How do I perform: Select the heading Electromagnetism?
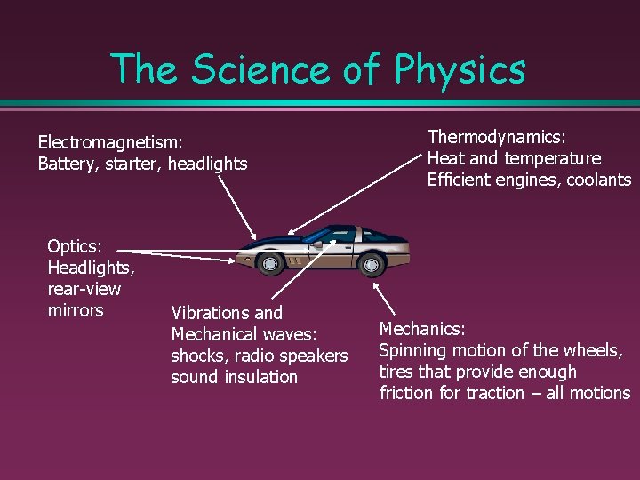[110, 141]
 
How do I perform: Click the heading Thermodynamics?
[497, 137]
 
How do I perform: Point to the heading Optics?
[75, 246]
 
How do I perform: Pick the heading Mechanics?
[422, 329]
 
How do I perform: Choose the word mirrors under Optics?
[76, 310]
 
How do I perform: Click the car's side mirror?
[316, 242]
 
